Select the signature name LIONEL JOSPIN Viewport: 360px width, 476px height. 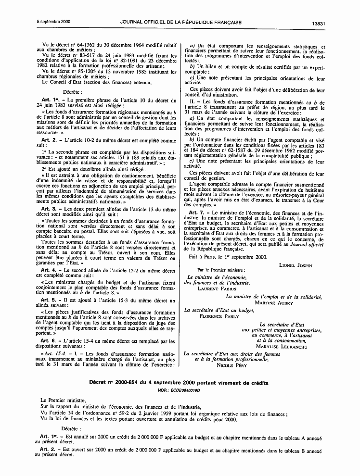(x=295, y=265)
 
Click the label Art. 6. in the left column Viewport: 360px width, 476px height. (x=50, y=341)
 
